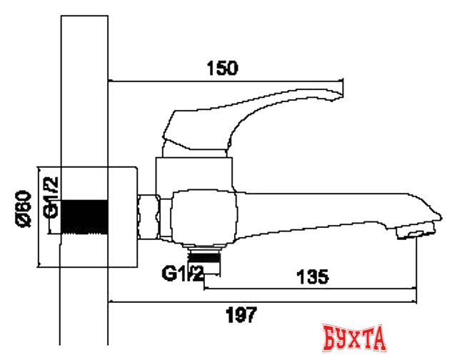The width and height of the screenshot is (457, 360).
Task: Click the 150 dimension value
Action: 222,69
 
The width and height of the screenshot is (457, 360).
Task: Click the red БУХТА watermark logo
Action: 354,336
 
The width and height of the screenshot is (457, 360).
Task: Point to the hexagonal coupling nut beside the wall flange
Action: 151,216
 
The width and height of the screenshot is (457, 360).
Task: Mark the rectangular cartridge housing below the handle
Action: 194,172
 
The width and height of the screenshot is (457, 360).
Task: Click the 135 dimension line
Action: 310,289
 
